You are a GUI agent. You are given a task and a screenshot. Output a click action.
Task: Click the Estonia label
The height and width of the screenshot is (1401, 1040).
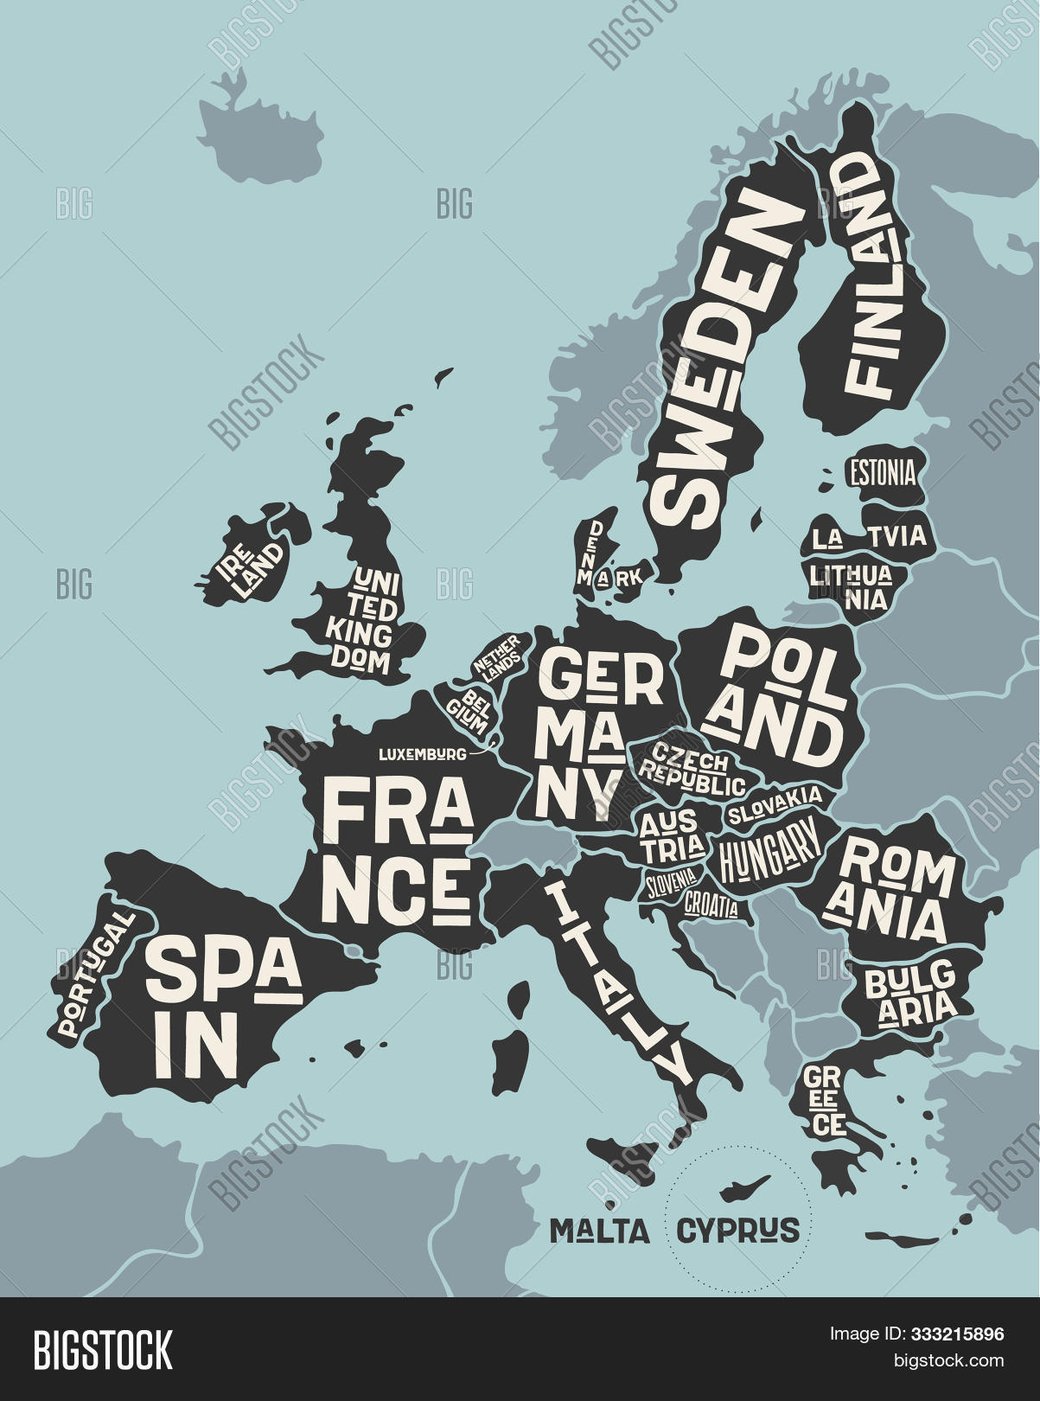[x=882, y=473]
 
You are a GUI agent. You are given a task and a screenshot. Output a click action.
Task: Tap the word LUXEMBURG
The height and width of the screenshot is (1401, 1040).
[x=423, y=754]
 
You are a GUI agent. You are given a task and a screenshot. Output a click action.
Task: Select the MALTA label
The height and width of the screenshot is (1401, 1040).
[x=600, y=1230]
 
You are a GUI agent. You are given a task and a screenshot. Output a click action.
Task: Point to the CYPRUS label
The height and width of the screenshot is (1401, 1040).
[x=737, y=1230]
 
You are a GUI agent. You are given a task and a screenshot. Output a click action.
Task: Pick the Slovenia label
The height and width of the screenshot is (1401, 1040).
[x=671, y=882]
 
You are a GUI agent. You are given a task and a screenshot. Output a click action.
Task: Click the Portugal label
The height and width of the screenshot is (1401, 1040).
[x=95, y=974]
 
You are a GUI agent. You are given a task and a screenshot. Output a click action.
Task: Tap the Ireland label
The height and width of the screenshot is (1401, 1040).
[x=250, y=568]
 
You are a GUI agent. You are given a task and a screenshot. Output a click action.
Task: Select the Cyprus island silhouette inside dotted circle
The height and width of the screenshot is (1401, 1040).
[x=746, y=1187]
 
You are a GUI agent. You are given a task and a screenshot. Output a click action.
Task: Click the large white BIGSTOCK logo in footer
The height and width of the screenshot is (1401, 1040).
[x=103, y=1349]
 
